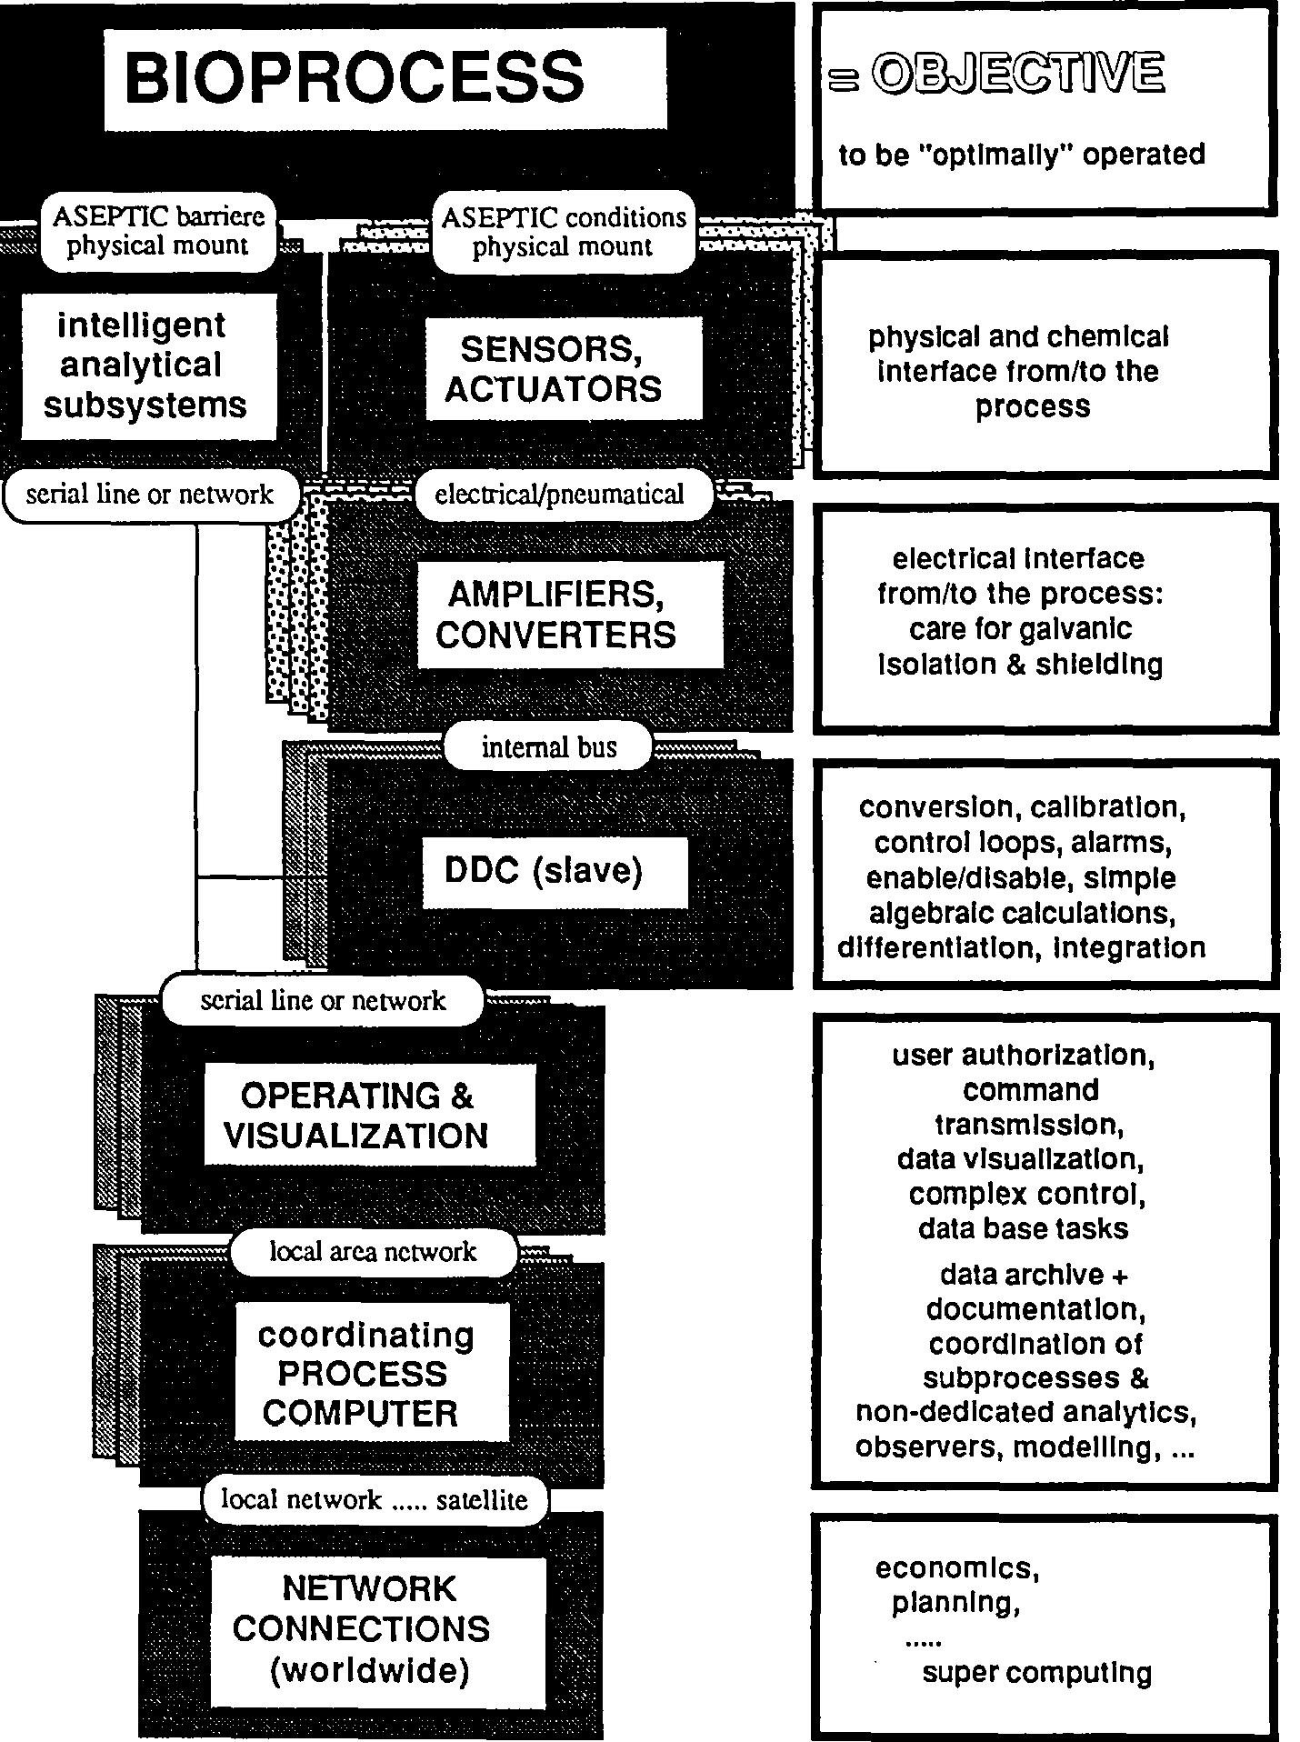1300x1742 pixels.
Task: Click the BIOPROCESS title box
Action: (x=385, y=78)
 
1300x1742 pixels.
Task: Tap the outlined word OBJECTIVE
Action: (x=1017, y=75)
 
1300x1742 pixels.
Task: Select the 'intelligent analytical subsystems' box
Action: (x=147, y=365)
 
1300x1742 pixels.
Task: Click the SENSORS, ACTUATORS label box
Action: (x=564, y=369)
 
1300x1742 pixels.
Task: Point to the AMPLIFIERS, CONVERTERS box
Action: (x=570, y=615)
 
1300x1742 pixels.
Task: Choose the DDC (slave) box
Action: (x=554, y=871)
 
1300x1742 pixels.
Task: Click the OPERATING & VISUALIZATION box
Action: (x=368, y=1116)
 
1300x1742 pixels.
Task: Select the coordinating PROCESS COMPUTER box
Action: (x=371, y=1373)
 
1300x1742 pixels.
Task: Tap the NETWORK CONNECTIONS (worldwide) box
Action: (x=377, y=1631)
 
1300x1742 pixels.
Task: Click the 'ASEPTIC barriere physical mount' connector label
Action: (x=158, y=231)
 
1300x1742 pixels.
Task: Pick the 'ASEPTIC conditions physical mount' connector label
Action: (x=563, y=232)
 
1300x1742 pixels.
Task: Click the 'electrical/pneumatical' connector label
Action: (x=559, y=495)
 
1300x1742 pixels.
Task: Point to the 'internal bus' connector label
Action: (x=548, y=747)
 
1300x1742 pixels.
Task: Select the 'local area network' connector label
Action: (x=373, y=1252)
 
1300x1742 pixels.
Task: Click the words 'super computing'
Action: (x=1036, y=1673)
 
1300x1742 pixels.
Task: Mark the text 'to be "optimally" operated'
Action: (x=1021, y=155)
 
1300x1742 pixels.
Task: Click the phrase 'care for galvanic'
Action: (x=1020, y=629)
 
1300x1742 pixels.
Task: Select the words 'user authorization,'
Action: (x=1023, y=1056)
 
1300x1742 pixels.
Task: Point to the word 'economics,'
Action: (x=957, y=1568)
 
